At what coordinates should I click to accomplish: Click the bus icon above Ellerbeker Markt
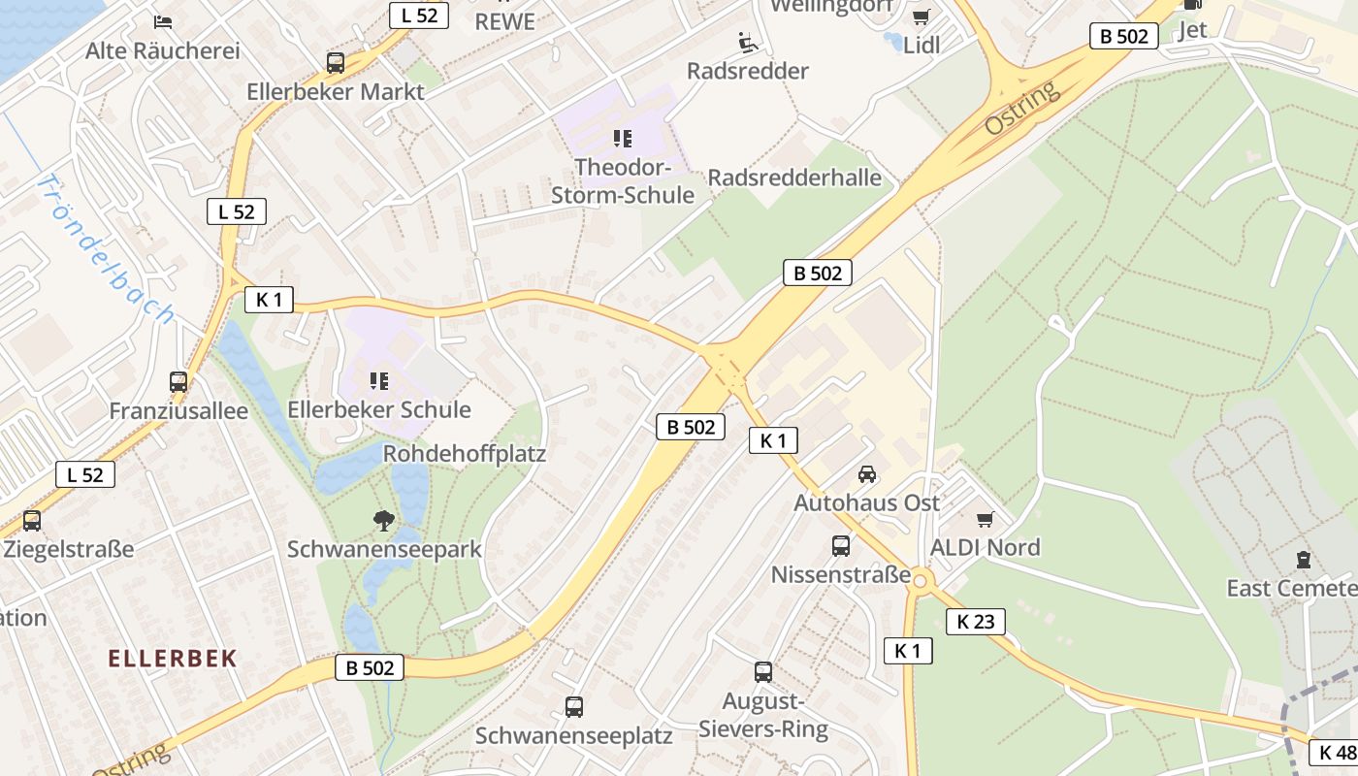pyautogui.click(x=336, y=63)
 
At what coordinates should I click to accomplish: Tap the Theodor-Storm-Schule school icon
pyautogui.click(x=623, y=139)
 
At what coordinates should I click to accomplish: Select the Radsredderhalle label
pyautogui.click(x=794, y=178)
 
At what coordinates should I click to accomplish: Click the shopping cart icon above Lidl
pyautogui.click(x=921, y=16)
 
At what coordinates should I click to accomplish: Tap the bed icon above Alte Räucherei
pyautogui.click(x=163, y=21)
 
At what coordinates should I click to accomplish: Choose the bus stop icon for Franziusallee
pyautogui.click(x=178, y=382)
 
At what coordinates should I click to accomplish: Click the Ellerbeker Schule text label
pyautogui.click(x=379, y=409)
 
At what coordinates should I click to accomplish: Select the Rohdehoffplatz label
pyautogui.click(x=465, y=453)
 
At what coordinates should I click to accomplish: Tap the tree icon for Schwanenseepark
pyautogui.click(x=384, y=521)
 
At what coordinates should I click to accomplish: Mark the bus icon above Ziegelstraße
pyautogui.click(x=32, y=521)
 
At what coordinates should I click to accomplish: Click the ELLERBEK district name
pyautogui.click(x=173, y=659)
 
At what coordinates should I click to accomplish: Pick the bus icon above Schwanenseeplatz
pyautogui.click(x=574, y=707)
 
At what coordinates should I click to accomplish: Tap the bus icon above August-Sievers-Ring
pyautogui.click(x=763, y=672)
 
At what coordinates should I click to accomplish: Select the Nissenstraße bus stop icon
pyautogui.click(x=841, y=546)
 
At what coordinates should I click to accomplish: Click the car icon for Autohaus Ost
pyautogui.click(x=867, y=474)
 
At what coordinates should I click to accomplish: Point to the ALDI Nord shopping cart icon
pyautogui.click(x=986, y=520)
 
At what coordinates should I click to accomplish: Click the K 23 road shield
pyautogui.click(x=975, y=622)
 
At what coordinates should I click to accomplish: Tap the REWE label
pyautogui.click(x=504, y=21)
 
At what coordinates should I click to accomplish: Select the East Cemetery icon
pyautogui.click(x=1303, y=560)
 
